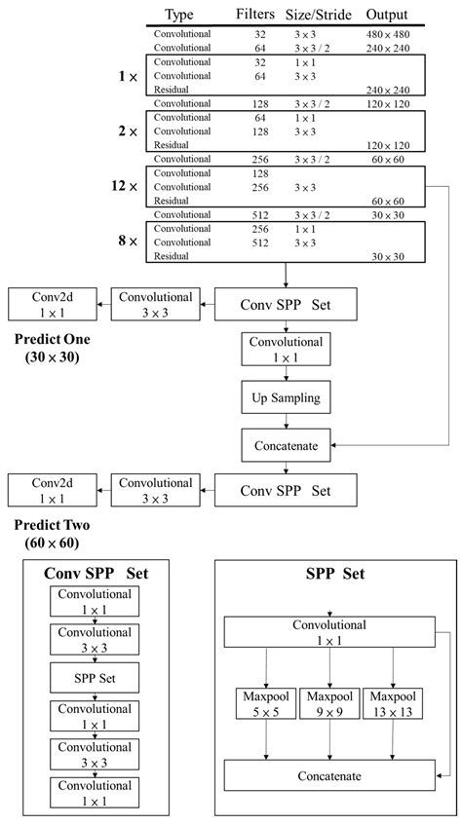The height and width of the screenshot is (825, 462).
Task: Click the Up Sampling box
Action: [285, 397]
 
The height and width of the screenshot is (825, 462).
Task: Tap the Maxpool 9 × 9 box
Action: [328, 705]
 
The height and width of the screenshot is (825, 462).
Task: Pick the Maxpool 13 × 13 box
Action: [393, 705]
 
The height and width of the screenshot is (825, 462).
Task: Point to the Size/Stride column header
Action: [320, 15]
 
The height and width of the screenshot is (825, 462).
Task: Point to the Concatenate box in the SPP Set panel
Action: [329, 776]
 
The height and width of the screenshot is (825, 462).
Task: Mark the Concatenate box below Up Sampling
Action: [285, 445]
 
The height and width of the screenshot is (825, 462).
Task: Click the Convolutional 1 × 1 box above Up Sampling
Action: [285, 350]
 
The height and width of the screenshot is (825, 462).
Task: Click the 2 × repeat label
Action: [130, 131]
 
